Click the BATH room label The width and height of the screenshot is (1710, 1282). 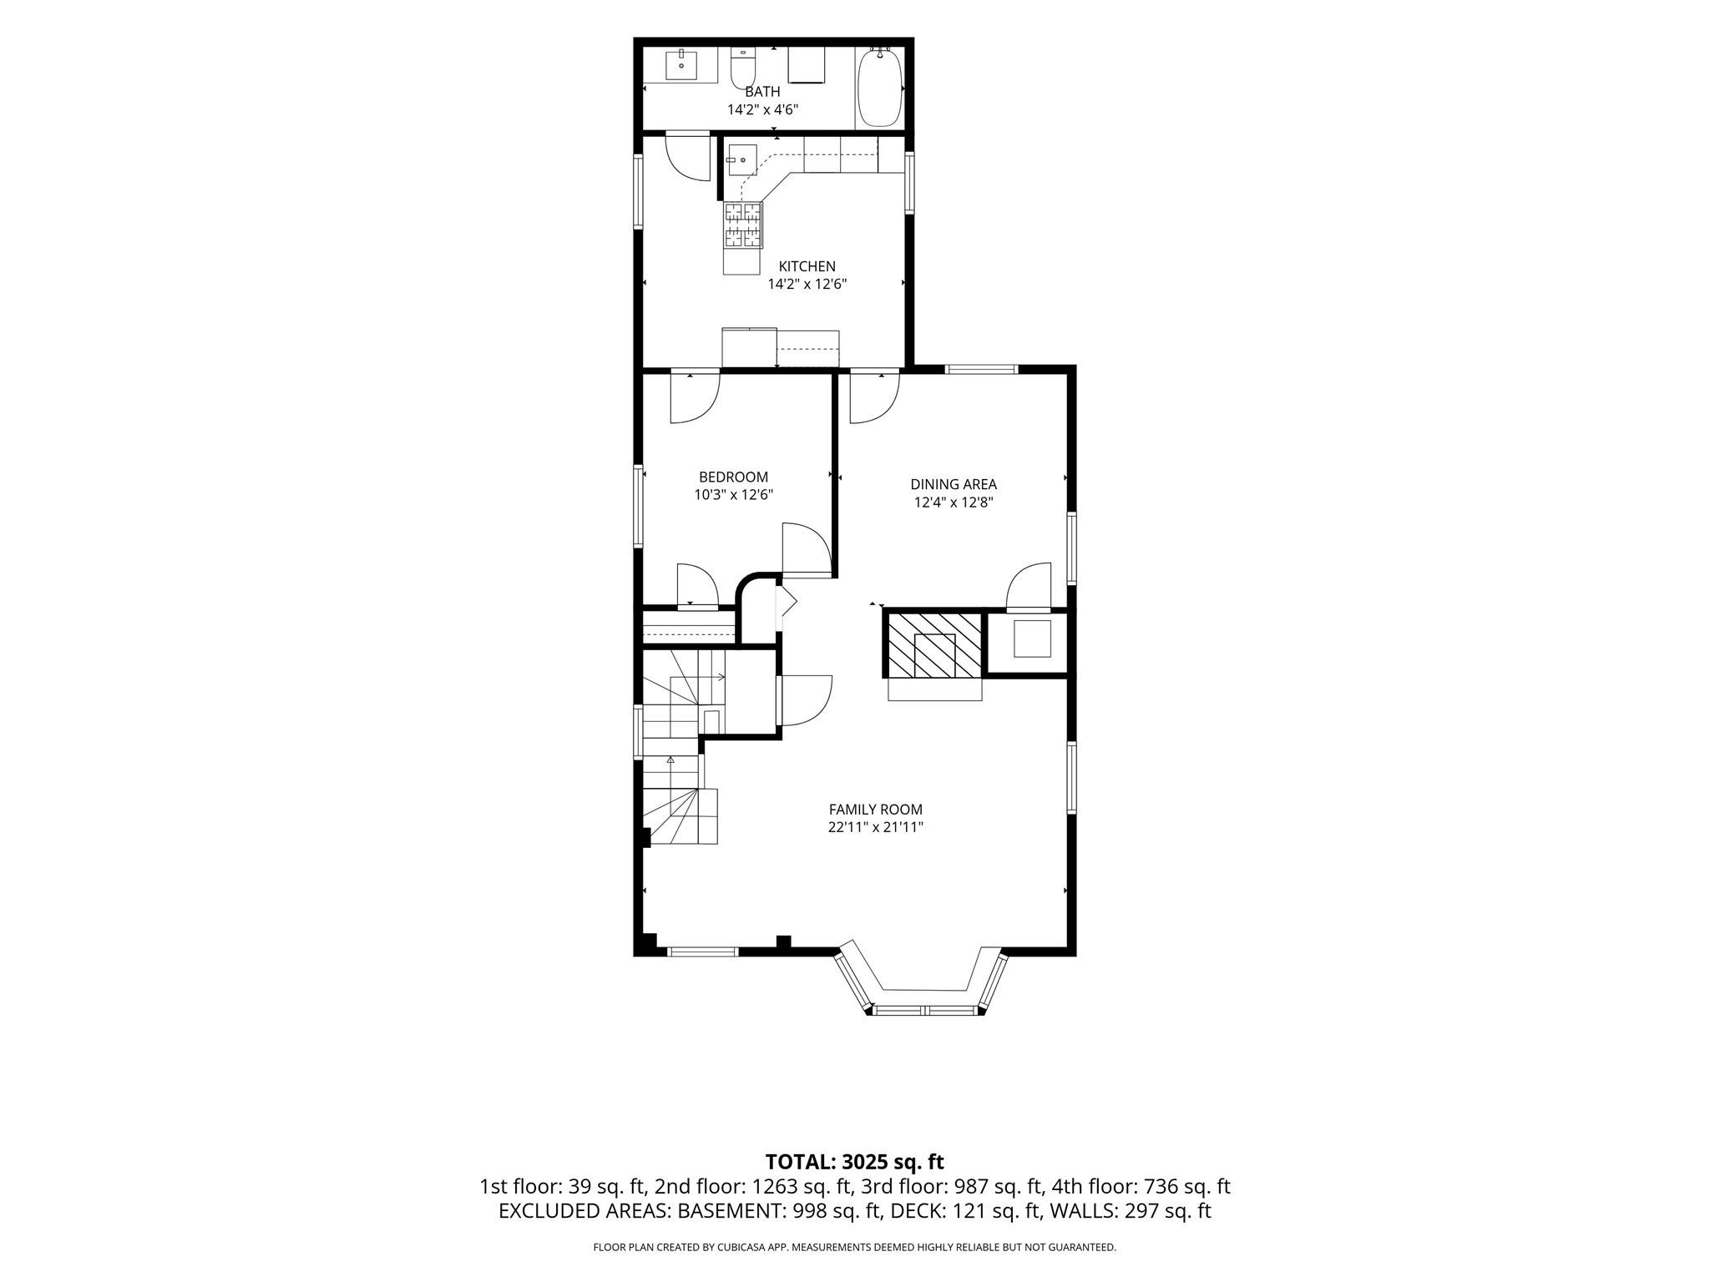(x=762, y=92)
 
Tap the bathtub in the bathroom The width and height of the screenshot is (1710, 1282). (x=879, y=87)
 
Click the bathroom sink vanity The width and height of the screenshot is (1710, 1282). (x=692, y=65)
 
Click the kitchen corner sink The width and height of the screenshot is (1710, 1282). (x=741, y=160)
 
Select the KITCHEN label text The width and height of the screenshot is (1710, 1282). (x=807, y=266)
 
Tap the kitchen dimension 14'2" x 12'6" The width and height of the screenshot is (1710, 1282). (x=807, y=285)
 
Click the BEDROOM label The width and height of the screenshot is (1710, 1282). (x=733, y=477)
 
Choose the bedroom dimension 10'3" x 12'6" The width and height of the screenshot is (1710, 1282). (x=733, y=495)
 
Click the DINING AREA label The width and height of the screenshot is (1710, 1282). (x=954, y=484)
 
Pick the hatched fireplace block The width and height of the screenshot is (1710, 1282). (x=934, y=645)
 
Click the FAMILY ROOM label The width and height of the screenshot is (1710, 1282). (x=875, y=810)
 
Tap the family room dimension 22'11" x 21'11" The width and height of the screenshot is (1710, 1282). (x=875, y=828)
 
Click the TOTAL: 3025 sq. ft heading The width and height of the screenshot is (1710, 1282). (x=854, y=1162)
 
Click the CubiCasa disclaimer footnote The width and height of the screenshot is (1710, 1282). (x=854, y=1248)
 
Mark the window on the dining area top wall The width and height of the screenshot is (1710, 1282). (x=981, y=368)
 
